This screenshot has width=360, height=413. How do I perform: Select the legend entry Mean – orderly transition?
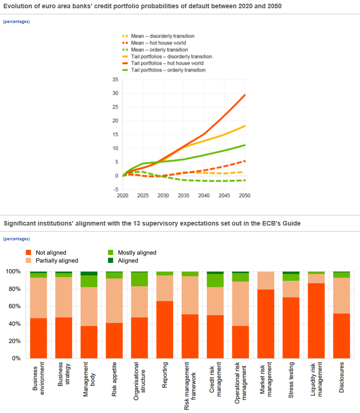tap(159, 50)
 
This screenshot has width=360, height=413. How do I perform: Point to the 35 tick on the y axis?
tap(115, 79)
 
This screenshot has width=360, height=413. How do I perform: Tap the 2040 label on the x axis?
tap(204, 196)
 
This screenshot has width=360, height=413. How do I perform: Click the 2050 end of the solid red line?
tap(245, 95)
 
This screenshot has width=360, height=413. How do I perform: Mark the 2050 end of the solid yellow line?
tap(245, 126)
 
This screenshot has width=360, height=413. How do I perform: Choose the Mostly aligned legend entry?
tap(137, 253)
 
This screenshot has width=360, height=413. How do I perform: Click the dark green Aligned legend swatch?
tap(110, 260)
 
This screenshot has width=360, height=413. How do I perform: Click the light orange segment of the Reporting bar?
tap(164, 288)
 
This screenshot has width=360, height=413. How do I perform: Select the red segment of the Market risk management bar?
tap(265, 323)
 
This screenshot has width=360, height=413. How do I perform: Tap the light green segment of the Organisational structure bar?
tap(139, 279)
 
